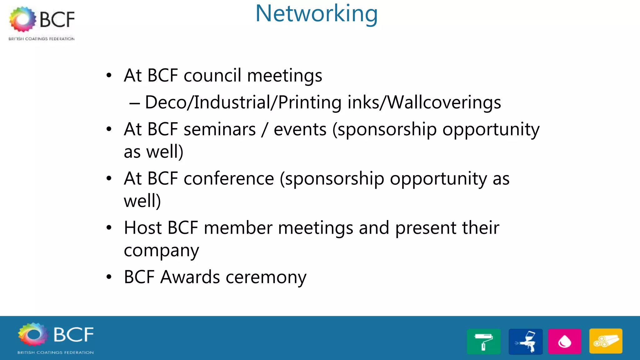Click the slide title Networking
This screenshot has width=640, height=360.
click(317, 14)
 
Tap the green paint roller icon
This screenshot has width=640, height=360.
click(483, 341)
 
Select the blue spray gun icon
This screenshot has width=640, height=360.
click(525, 341)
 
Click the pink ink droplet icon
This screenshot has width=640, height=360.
click(564, 341)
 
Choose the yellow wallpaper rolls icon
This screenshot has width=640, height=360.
click(606, 341)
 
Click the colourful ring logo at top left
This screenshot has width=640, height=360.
click(22, 19)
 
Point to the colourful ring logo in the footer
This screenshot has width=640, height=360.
click(33, 334)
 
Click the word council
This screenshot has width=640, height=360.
click(212, 75)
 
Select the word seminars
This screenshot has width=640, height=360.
click(220, 129)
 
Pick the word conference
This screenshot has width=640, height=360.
click(229, 178)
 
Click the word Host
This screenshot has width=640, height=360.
click(142, 227)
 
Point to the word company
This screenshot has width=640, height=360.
click(161, 251)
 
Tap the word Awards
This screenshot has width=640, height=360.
click(190, 277)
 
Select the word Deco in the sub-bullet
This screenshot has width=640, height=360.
click(166, 102)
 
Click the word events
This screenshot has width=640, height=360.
click(300, 129)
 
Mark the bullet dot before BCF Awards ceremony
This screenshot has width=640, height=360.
click(109, 277)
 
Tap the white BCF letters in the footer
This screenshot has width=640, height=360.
click(73, 334)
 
